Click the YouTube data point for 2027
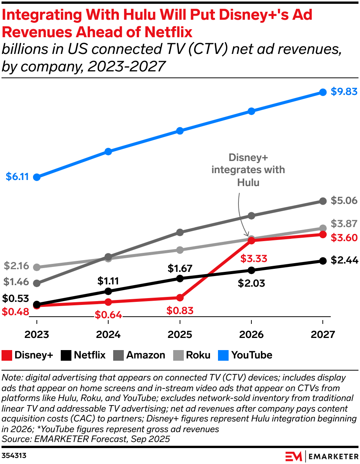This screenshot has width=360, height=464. [323, 92]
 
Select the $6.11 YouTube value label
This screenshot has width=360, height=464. [17, 177]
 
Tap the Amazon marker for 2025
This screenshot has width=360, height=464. [180, 232]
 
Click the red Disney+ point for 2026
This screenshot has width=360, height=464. [251, 240]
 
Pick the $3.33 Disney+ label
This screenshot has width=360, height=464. [254, 259]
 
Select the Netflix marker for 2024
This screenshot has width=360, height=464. [108, 291]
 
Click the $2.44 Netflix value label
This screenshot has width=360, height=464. [344, 260]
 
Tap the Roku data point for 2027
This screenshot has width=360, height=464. [323, 228]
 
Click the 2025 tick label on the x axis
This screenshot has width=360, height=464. [180, 335]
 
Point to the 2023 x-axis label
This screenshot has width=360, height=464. [37, 335]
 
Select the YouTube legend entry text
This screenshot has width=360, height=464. [252, 355]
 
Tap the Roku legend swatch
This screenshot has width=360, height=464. [178, 355]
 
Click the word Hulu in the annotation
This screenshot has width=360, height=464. [248, 182]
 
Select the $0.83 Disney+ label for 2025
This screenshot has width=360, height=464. [180, 310]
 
